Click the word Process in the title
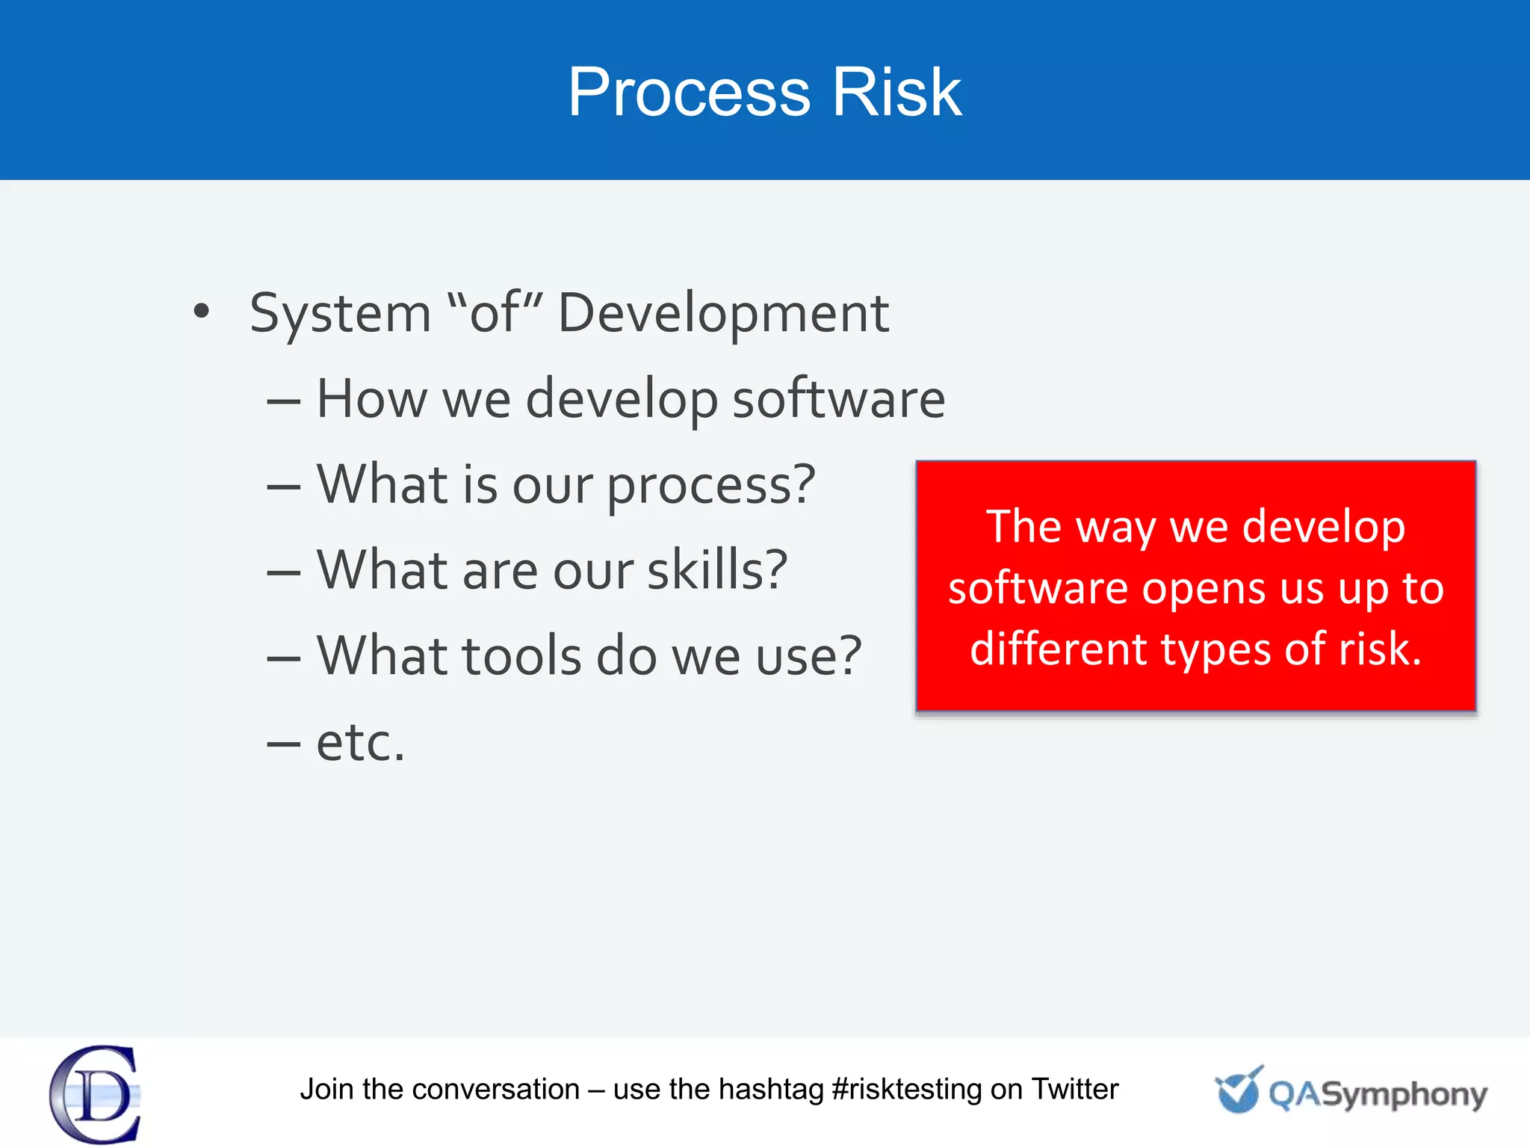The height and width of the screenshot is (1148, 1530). tap(689, 93)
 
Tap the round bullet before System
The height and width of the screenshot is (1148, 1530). tap(201, 311)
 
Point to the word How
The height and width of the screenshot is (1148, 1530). tap(371, 398)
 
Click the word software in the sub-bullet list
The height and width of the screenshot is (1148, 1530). tap(838, 398)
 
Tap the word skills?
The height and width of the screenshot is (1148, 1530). tap(716, 570)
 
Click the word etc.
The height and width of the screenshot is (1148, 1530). tap(360, 743)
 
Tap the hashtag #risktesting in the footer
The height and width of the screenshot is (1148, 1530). tap(906, 1090)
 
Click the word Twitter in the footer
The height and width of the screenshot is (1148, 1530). tap(1074, 1089)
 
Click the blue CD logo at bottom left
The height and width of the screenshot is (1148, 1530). tap(96, 1094)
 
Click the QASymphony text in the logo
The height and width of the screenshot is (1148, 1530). tap(1377, 1094)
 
